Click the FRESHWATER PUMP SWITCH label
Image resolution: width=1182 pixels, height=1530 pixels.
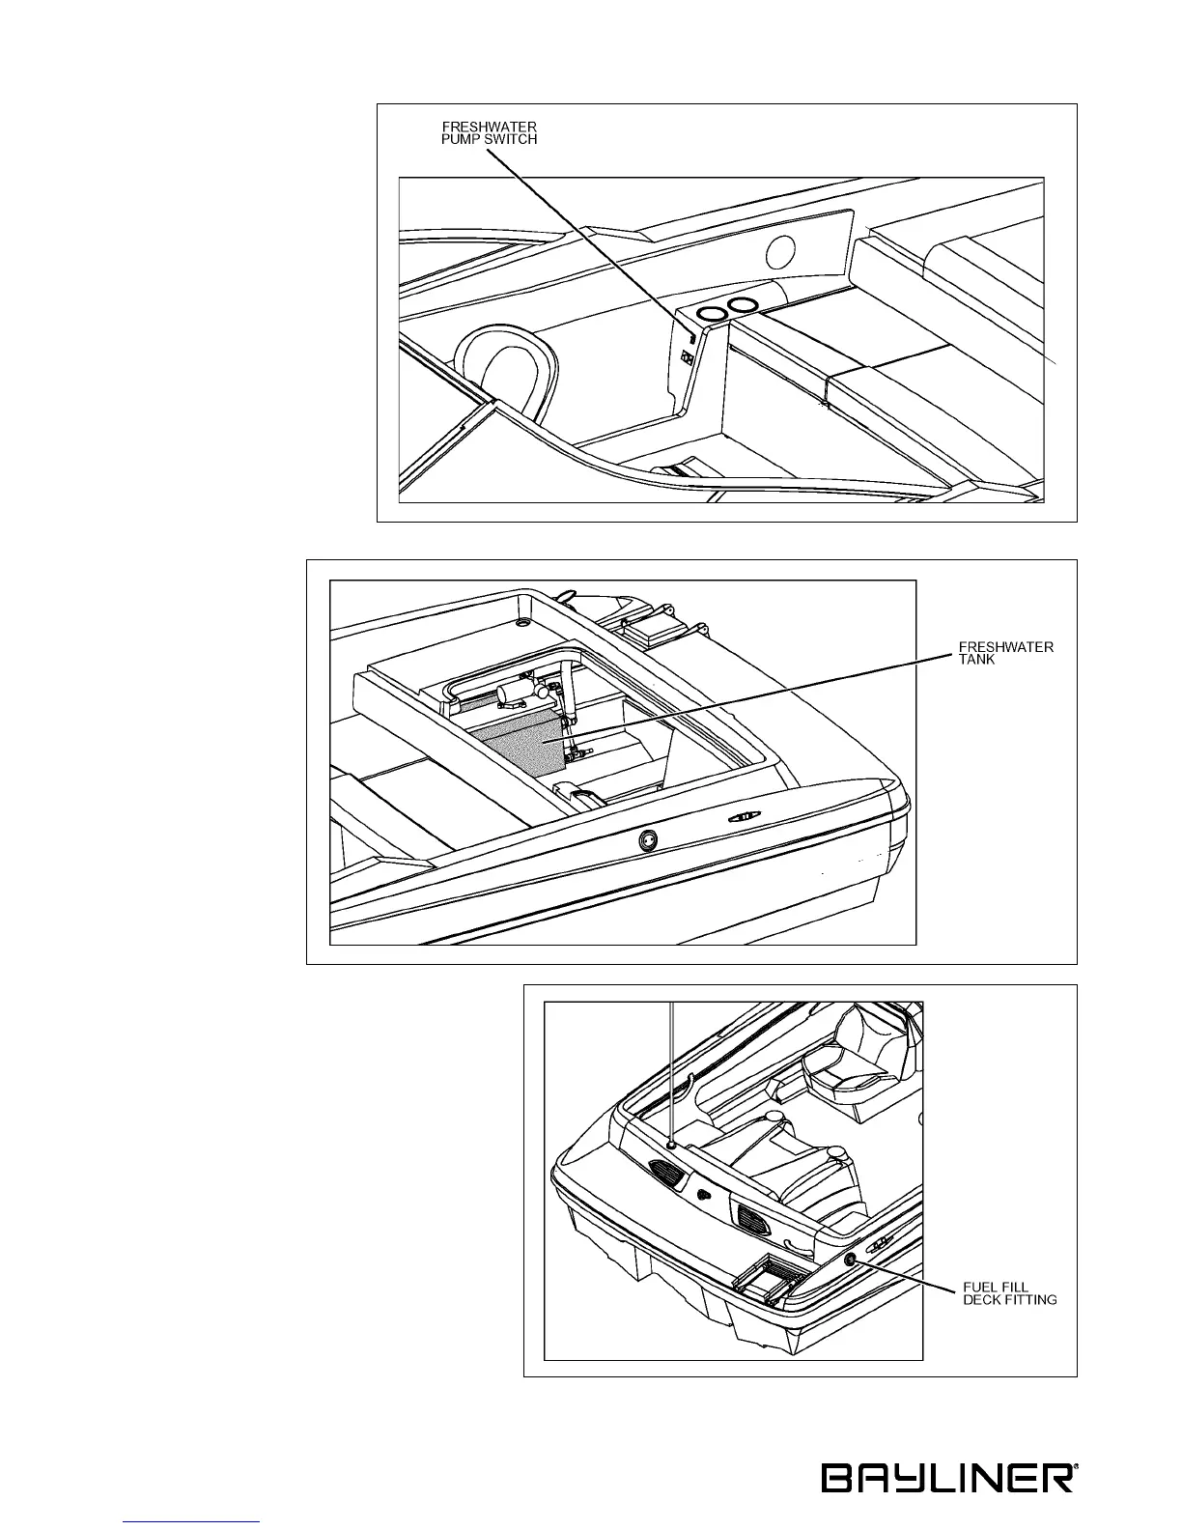489,132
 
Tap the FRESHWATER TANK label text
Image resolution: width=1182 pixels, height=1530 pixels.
1004,652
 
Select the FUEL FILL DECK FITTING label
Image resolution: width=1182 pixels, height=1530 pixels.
1010,1293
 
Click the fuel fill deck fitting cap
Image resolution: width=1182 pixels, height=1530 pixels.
850,1260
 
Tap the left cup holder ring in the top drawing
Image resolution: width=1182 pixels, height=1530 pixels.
713,314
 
